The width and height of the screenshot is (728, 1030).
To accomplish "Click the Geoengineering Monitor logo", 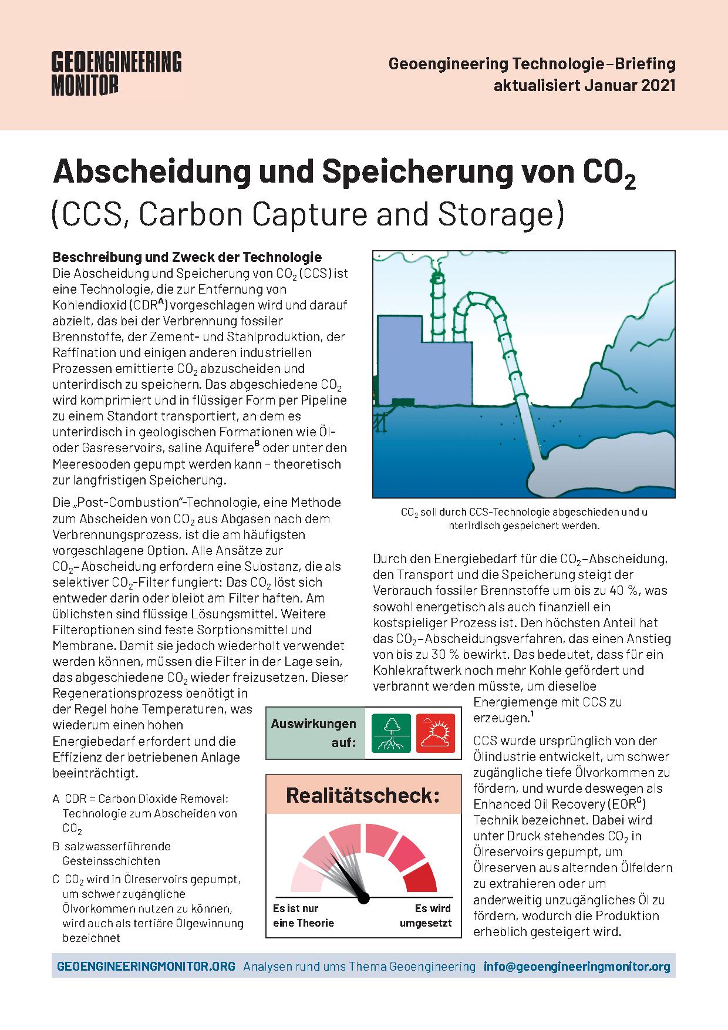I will (x=117, y=73).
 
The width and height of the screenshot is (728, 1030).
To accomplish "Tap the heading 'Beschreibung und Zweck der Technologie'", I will (x=187, y=257).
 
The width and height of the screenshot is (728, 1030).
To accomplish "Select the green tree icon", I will (x=392, y=733).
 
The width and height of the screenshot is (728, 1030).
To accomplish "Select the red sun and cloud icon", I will (x=436, y=733).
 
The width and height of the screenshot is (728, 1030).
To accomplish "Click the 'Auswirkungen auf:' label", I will (x=314, y=733).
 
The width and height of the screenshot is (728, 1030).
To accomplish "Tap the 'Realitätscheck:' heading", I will (x=363, y=796).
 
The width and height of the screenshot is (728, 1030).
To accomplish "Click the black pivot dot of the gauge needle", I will (x=363, y=898).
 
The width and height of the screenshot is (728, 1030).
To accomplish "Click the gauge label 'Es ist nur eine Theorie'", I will (x=303, y=915).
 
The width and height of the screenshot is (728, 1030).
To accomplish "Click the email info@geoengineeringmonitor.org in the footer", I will (x=577, y=967).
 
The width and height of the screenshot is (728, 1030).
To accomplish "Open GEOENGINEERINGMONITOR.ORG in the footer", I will (x=146, y=967).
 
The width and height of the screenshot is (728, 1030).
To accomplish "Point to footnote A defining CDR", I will (x=145, y=814).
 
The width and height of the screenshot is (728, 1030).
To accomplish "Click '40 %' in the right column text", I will (x=629, y=590).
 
